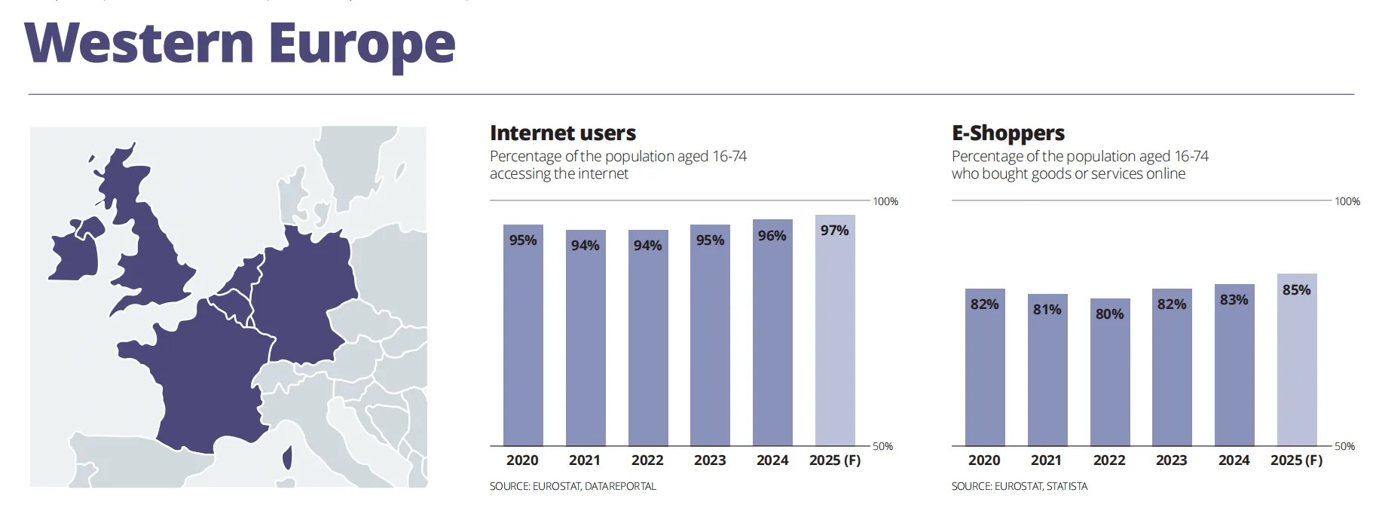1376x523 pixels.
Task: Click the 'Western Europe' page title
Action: pos(240,44)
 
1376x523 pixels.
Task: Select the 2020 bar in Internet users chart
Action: pos(523,335)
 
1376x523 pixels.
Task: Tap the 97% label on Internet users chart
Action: pos(835,231)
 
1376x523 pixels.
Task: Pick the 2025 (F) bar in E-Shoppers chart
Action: pos(1297,360)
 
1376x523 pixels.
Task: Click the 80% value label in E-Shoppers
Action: pos(1110,314)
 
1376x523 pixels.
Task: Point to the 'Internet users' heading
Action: pos(563,133)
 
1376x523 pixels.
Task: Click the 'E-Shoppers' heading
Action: pos(1008,133)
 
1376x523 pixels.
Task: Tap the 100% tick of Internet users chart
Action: pos(885,201)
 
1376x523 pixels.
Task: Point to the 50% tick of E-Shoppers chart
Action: pos(1344,446)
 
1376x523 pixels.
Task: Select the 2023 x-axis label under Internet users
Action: pos(710,460)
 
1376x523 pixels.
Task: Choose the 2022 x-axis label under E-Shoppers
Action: pos(1109,460)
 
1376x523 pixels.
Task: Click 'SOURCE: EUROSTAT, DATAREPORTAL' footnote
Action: pos(573,487)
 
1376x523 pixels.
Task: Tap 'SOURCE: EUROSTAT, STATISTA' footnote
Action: pos(1020,487)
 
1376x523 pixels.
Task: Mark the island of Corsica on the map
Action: pos(287,457)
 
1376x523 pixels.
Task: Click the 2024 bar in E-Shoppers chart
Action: pos(1234,365)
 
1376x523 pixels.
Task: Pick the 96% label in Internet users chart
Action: pos(772,236)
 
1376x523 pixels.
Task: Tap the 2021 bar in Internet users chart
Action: pos(586,338)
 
